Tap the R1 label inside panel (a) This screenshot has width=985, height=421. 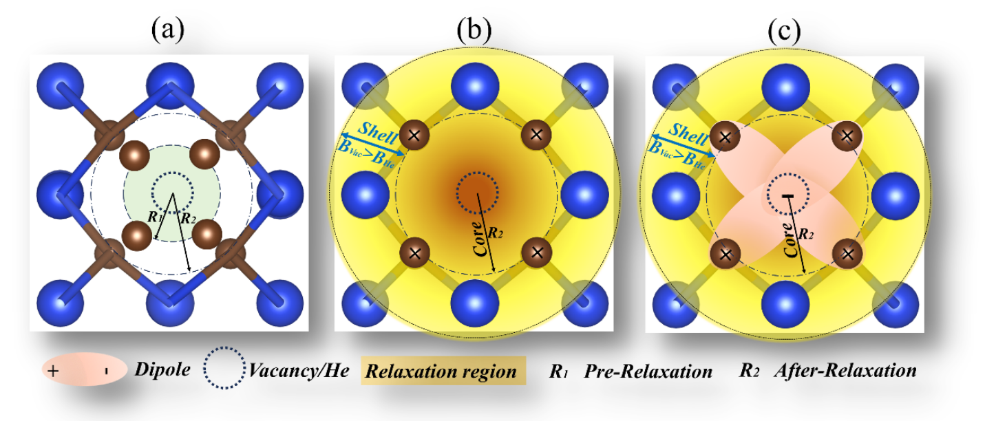tap(154, 216)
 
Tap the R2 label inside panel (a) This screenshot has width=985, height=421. tap(188, 218)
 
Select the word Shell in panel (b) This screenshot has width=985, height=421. tap(378, 132)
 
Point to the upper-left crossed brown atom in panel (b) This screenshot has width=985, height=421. tap(414, 135)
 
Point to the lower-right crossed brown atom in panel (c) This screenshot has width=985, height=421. tap(847, 254)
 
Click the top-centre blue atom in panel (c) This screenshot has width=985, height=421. tap(785, 87)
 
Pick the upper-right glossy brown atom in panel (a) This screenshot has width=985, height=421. tap(204, 155)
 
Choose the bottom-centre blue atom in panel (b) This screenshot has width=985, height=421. tap(475, 303)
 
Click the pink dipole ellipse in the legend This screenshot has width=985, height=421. tap(84, 369)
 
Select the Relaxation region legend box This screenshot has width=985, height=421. tap(443, 371)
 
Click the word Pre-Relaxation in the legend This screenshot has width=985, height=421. tap(648, 371)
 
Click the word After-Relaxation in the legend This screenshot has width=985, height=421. tap(845, 371)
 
